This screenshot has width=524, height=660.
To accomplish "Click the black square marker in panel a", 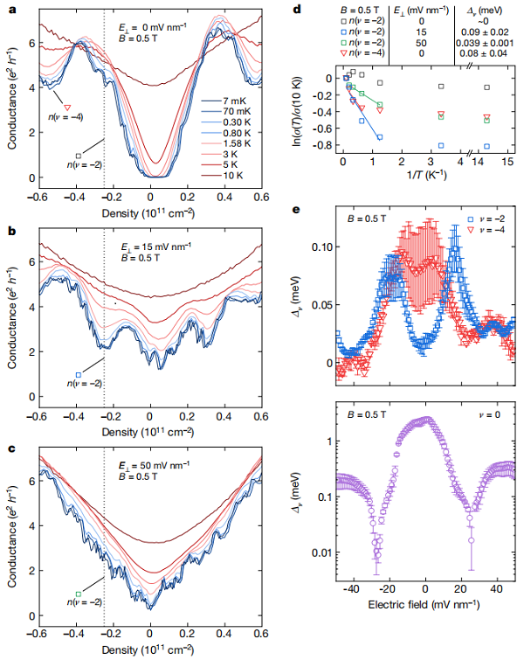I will pyautogui.click(x=79, y=155).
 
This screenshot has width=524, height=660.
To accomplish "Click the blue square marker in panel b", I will pyautogui.click(x=79, y=375).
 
